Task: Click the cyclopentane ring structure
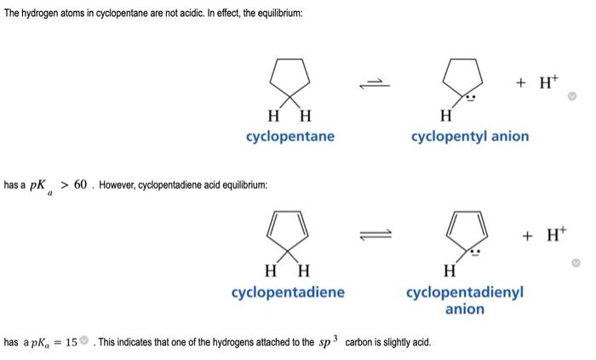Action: pyautogui.click(x=289, y=76)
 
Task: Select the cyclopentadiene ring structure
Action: pyautogui.click(x=288, y=231)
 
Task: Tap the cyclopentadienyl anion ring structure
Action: pyautogui.click(x=464, y=231)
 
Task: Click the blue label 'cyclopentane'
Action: pyautogui.click(x=289, y=136)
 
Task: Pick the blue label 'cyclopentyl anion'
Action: pyautogui.click(x=469, y=136)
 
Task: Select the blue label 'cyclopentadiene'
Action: pyautogui.click(x=288, y=292)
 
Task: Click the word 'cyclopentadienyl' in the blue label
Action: pyautogui.click(x=465, y=292)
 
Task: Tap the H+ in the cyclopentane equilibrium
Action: pyautogui.click(x=539, y=82)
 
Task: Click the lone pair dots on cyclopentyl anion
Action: pyautogui.click(x=478, y=98)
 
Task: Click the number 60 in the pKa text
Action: pyautogui.click(x=80, y=185)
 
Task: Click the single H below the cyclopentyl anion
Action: pyautogui.click(x=445, y=116)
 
